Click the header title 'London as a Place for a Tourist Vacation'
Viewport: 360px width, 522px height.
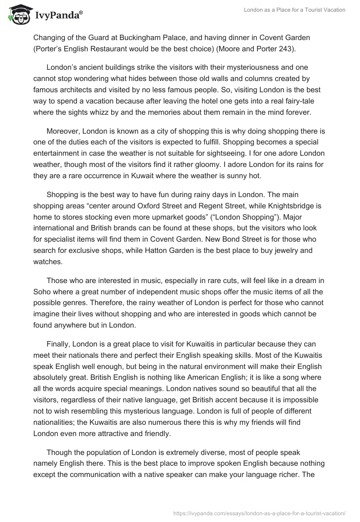[x=294, y=10]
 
